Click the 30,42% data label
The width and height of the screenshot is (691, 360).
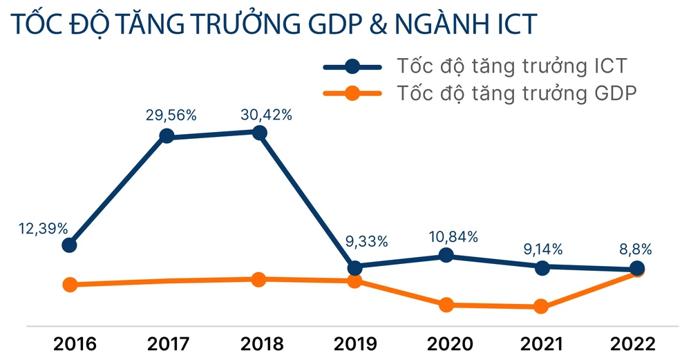[266, 115]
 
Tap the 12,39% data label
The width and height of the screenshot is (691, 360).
[43, 227]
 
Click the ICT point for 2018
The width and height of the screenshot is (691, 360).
[260, 132]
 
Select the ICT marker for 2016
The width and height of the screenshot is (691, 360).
[69, 245]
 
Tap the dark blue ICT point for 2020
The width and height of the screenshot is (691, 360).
[446, 255]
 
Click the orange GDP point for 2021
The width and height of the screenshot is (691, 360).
[542, 307]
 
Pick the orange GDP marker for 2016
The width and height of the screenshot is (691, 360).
[69, 284]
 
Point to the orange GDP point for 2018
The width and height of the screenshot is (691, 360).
[258, 279]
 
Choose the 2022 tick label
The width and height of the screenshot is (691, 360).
[636, 343]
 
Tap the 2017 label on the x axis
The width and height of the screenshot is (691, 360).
[164, 343]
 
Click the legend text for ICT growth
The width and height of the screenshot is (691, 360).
[512, 66]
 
